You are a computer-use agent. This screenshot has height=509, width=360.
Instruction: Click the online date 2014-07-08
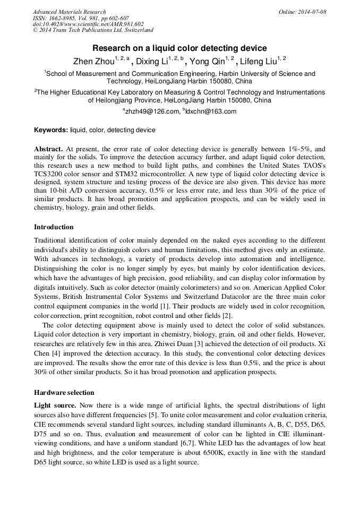(312, 12)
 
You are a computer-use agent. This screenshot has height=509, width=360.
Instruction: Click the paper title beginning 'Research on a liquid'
(179, 48)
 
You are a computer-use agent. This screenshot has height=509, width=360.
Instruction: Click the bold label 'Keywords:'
(51, 130)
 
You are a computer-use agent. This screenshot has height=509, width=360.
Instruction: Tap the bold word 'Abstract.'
(49, 150)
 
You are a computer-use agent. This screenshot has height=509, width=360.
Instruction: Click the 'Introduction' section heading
(54, 227)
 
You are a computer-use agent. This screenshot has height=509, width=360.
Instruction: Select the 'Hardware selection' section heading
(64, 393)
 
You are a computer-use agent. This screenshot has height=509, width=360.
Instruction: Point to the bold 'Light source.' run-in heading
(55, 405)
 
